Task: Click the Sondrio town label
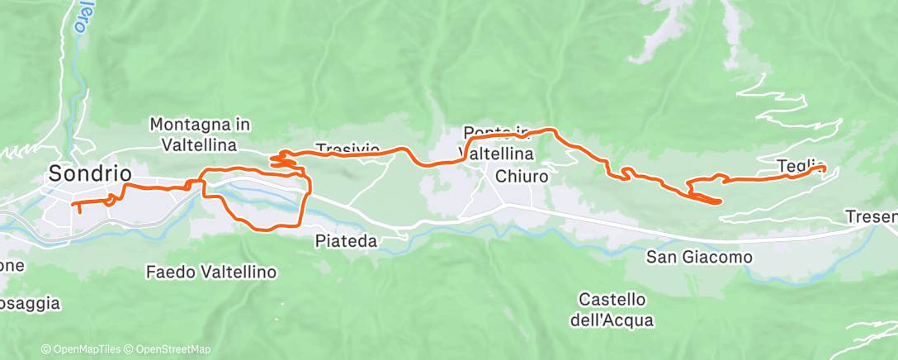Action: (x=90, y=174)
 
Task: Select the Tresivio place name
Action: (x=347, y=149)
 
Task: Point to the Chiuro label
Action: (x=522, y=176)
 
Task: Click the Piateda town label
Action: (x=347, y=242)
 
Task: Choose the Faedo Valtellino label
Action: (x=211, y=271)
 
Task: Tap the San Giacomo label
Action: (x=699, y=258)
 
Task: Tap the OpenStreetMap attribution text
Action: (x=169, y=349)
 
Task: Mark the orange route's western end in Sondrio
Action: (x=79, y=211)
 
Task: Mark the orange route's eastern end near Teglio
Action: (x=824, y=168)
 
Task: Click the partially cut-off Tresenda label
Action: (x=871, y=217)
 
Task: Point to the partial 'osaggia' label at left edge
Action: (x=30, y=303)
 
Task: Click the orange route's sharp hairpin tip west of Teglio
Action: (x=721, y=201)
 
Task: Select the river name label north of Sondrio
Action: (x=79, y=18)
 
